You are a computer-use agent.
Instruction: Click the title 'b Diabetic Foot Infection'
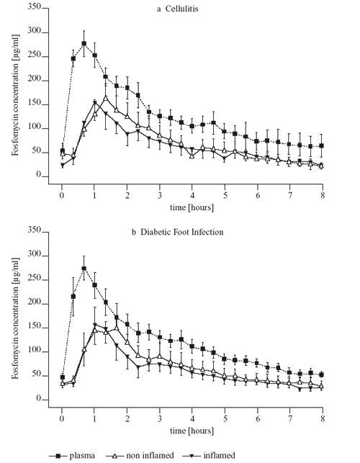point(178,232)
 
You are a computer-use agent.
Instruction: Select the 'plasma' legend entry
point(72,456)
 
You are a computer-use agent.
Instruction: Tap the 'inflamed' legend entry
point(209,456)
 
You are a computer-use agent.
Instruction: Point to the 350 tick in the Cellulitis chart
point(35,6)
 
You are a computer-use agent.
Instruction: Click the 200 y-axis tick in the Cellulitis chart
point(35,80)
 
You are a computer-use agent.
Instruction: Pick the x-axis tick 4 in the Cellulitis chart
point(192,195)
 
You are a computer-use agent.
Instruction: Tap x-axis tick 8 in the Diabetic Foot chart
point(323,418)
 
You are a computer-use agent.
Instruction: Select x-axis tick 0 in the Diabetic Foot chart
point(62,418)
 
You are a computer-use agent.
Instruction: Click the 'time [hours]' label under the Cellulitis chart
point(192,207)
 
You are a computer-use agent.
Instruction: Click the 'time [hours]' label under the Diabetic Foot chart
point(192,431)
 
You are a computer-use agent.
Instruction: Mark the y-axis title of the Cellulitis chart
point(15,95)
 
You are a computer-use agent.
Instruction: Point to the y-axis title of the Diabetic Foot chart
point(15,318)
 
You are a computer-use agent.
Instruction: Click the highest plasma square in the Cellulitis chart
point(84,43)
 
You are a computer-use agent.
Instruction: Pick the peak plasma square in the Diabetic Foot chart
point(84,269)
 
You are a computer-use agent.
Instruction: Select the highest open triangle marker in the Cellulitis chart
point(105,97)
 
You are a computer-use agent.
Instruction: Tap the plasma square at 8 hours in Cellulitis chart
point(322,145)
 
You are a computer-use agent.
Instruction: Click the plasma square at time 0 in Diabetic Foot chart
point(63,377)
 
